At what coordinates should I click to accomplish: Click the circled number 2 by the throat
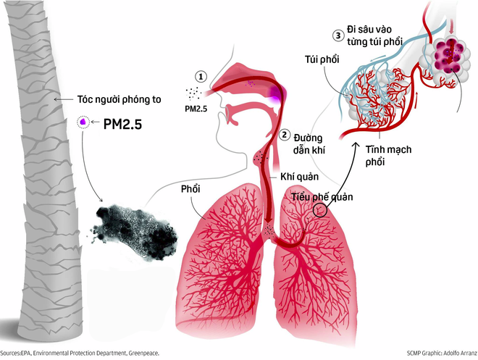[x=285, y=135]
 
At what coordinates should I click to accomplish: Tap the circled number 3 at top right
[x=337, y=35]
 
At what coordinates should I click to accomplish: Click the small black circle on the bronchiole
[x=319, y=210]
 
